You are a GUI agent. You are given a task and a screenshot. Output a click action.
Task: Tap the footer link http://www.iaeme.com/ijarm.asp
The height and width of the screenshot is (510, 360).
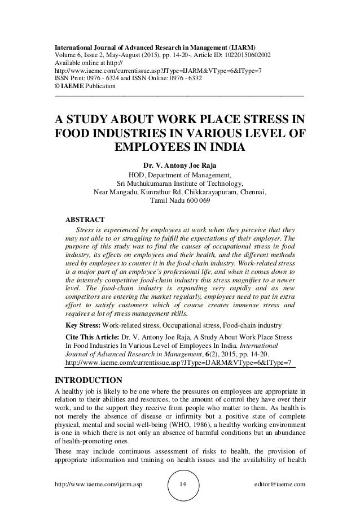point(94,484)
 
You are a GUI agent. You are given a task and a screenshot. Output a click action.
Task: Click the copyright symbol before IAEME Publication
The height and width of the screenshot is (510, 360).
point(56,86)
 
